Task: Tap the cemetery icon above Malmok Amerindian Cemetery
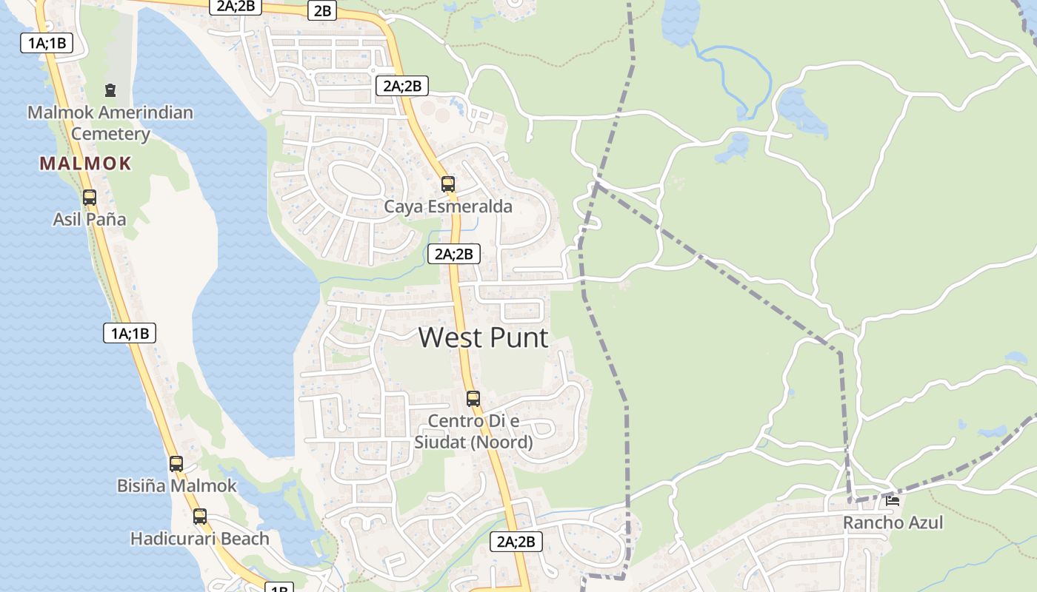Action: point(110,91)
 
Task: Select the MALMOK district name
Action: point(86,164)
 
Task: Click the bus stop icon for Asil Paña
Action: point(90,198)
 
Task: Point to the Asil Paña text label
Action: point(90,219)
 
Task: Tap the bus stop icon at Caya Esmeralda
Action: point(448,184)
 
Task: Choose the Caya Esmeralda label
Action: point(448,206)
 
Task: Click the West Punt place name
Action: point(484,337)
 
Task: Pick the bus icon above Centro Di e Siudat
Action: point(473,399)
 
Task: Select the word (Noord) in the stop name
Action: point(504,443)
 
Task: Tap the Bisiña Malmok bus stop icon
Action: point(176,464)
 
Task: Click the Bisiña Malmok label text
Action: point(177,485)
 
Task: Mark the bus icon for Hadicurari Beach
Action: point(200,517)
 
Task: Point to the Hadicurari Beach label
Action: point(200,539)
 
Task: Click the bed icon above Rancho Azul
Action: point(893,500)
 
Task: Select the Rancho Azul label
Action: point(893,522)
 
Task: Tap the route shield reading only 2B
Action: point(323,10)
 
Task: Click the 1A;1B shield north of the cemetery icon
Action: point(47,43)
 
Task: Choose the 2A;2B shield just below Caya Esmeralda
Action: point(454,254)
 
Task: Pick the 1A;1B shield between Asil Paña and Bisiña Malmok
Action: point(130,333)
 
